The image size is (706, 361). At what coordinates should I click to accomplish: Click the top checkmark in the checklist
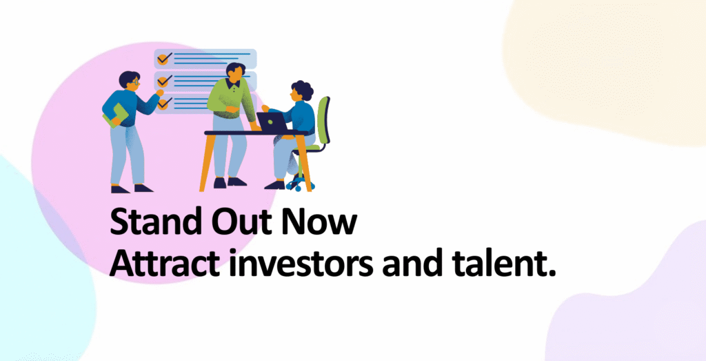[165, 58]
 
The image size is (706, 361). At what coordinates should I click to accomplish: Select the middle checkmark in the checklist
[165, 81]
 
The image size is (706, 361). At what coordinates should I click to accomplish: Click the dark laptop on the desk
[272, 121]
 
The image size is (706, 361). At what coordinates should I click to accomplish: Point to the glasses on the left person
[134, 82]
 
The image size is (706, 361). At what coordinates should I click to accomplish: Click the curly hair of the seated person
[302, 90]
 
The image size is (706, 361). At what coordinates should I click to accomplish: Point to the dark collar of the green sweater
[233, 83]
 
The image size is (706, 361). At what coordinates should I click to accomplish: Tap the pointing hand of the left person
[159, 92]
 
